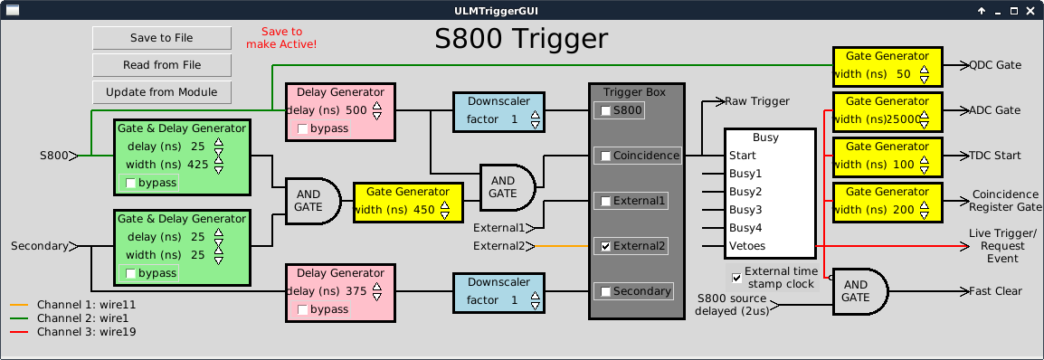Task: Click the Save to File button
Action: coord(162,38)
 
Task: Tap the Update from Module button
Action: coord(162,92)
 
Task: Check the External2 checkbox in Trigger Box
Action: coord(605,246)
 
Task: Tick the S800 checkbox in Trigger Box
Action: coord(605,111)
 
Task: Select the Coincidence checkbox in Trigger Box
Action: coord(605,156)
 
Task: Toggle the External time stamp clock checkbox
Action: coord(736,278)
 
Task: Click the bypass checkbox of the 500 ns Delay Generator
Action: coord(302,128)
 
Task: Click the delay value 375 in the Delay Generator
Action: coord(356,290)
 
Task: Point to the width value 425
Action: coord(198,165)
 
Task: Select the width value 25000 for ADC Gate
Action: coord(905,119)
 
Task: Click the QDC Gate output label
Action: coord(995,64)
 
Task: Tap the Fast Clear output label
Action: coord(995,290)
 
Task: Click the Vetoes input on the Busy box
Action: coord(747,246)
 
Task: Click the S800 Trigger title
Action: coord(521,39)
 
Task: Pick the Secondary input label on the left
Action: coord(39,246)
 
